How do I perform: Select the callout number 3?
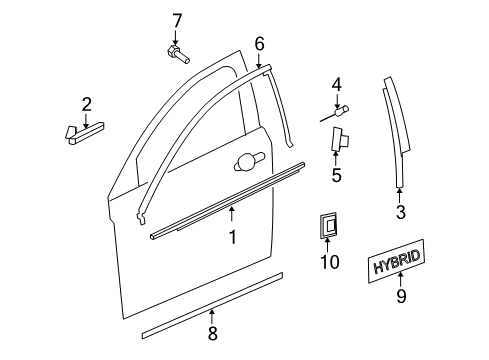pyautogui.click(x=400, y=211)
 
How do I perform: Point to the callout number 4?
pyautogui.click(x=337, y=84)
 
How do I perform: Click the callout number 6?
pyautogui.click(x=259, y=43)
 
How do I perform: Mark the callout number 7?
pyautogui.click(x=177, y=19)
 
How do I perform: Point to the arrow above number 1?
pyautogui.click(x=231, y=213)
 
